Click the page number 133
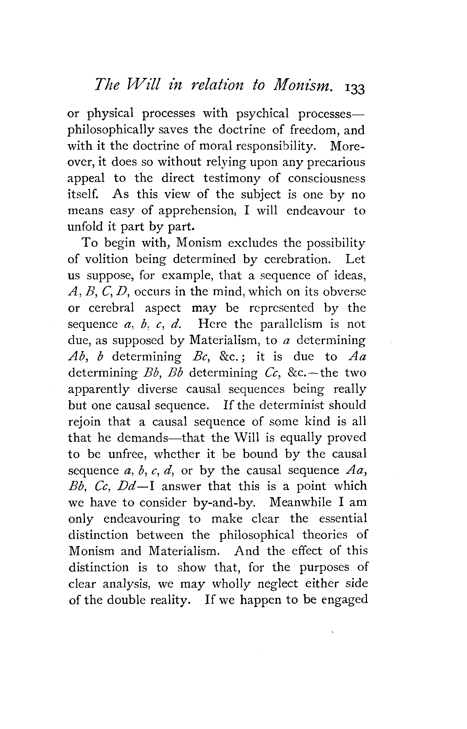click(x=355, y=89)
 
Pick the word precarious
click(x=334, y=162)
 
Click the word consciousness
click(x=326, y=179)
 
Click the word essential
click(x=343, y=519)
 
